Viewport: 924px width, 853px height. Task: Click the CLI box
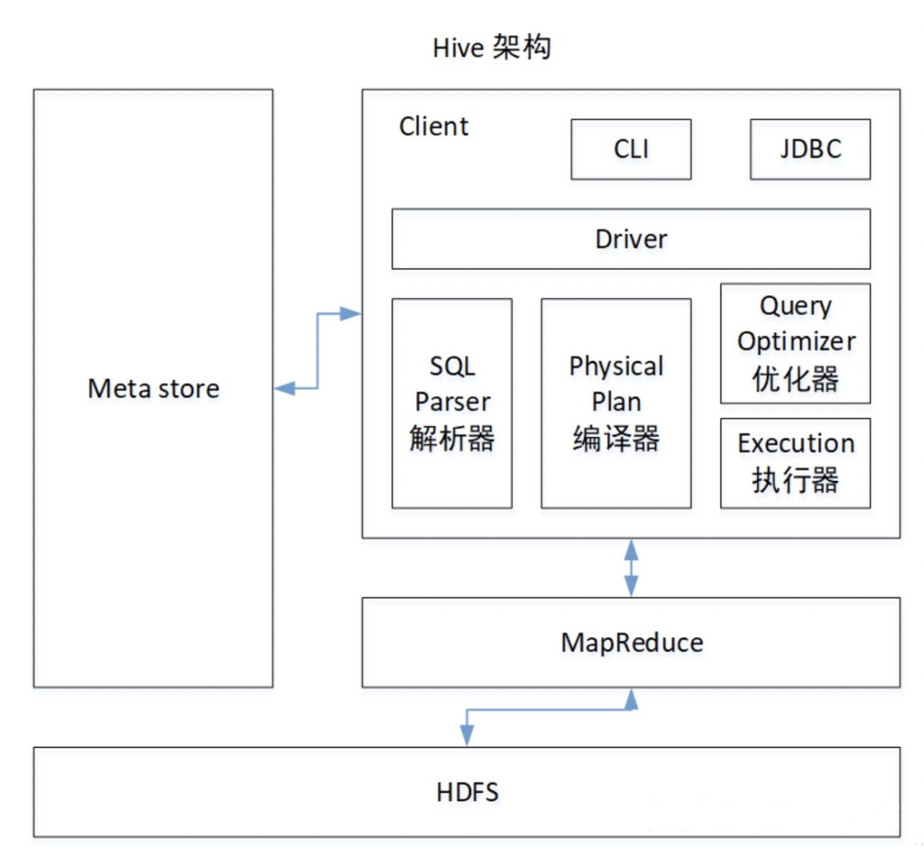click(631, 149)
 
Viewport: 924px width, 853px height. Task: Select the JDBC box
click(810, 149)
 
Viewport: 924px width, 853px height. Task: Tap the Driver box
click(631, 239)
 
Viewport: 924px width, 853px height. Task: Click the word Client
click(433, 126)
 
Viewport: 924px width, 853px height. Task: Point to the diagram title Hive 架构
click(492, 48)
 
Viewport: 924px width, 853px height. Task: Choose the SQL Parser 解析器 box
click(452, 403)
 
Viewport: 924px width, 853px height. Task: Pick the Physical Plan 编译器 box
click(616, 403)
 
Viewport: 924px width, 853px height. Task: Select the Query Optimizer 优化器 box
click(795, 343)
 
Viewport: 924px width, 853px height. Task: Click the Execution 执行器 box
click(795, 463)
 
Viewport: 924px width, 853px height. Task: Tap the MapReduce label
click(631, 642)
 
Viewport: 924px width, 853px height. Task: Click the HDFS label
click(467, 792)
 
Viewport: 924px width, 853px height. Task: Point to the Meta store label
click(154, 389)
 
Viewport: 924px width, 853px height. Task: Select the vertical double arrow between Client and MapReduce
click(631, 568)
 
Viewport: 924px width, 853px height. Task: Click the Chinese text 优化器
click(795, 379)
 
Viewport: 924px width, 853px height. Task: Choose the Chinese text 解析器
click(452, 439)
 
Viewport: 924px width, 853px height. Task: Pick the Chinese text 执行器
click(795, 480)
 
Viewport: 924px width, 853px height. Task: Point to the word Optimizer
click(796, 341)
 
